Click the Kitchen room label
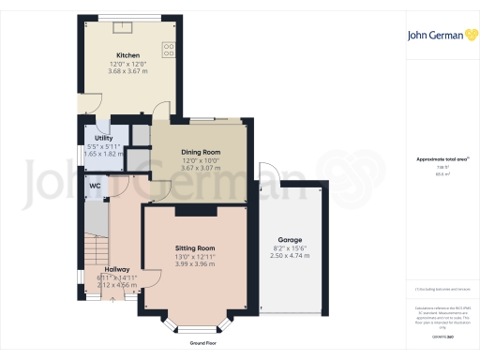[x=127, y=55]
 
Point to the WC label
[x=95, y=186]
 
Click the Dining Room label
[x=201, y=153]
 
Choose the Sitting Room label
[x=195, y=248]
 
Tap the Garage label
[x=289, y=240]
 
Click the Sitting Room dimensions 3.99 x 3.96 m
[x=195, y=264]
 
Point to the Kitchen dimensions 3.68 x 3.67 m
[x=127, y=71]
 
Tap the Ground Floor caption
[x=196, y=343]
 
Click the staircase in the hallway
[x=94, y=253]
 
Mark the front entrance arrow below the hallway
[x=114, y=300]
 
